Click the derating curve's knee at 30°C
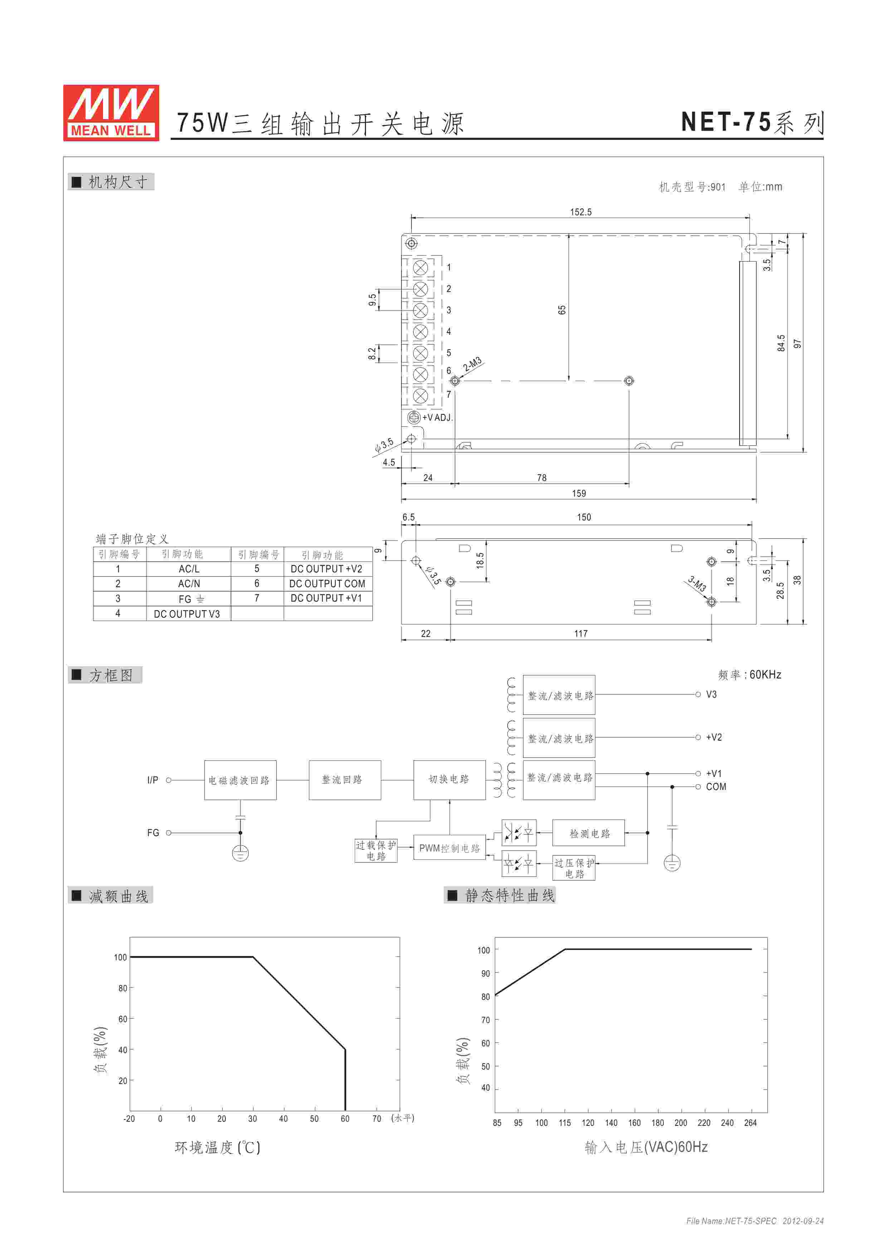click(253, 957)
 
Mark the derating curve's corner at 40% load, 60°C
click(345, 1050)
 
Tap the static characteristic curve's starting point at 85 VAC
click(495, 995)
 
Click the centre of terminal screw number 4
click(420, 332)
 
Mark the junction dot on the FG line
click(240, 832)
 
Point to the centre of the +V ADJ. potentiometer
click(414, 417)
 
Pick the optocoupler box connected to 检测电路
click(519, 833)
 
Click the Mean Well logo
click(111, 113)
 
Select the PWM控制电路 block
click(449, 848)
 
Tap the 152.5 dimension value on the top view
click(580, 212)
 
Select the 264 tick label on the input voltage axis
click(750, 1123)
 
